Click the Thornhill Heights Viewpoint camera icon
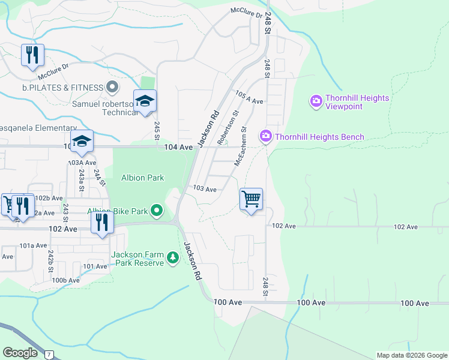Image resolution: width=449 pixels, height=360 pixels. (x=316, y=102)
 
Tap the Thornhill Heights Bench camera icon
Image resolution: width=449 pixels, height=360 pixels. (x=265, y=137)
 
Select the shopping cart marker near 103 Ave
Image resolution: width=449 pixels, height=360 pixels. (x=251, y=199)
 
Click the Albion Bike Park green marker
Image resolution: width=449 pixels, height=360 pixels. (x=157, y=211)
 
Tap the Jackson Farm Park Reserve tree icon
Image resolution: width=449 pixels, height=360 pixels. (x=173, y=257)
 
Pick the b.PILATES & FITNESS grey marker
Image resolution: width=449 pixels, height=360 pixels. (x=112, y=88)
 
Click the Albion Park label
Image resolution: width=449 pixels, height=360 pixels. (x=143, y=178)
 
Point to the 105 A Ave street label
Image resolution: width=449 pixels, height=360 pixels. (x=250, y=98)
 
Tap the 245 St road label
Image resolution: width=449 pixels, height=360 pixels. (x=157, y=131)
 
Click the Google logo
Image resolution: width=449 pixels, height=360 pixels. (x=20, y=352)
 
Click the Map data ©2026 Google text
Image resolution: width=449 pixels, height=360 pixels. (x=412, y=355)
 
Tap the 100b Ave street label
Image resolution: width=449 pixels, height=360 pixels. (x=66, y=280)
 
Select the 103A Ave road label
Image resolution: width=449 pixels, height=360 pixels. (x=82, y=163)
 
